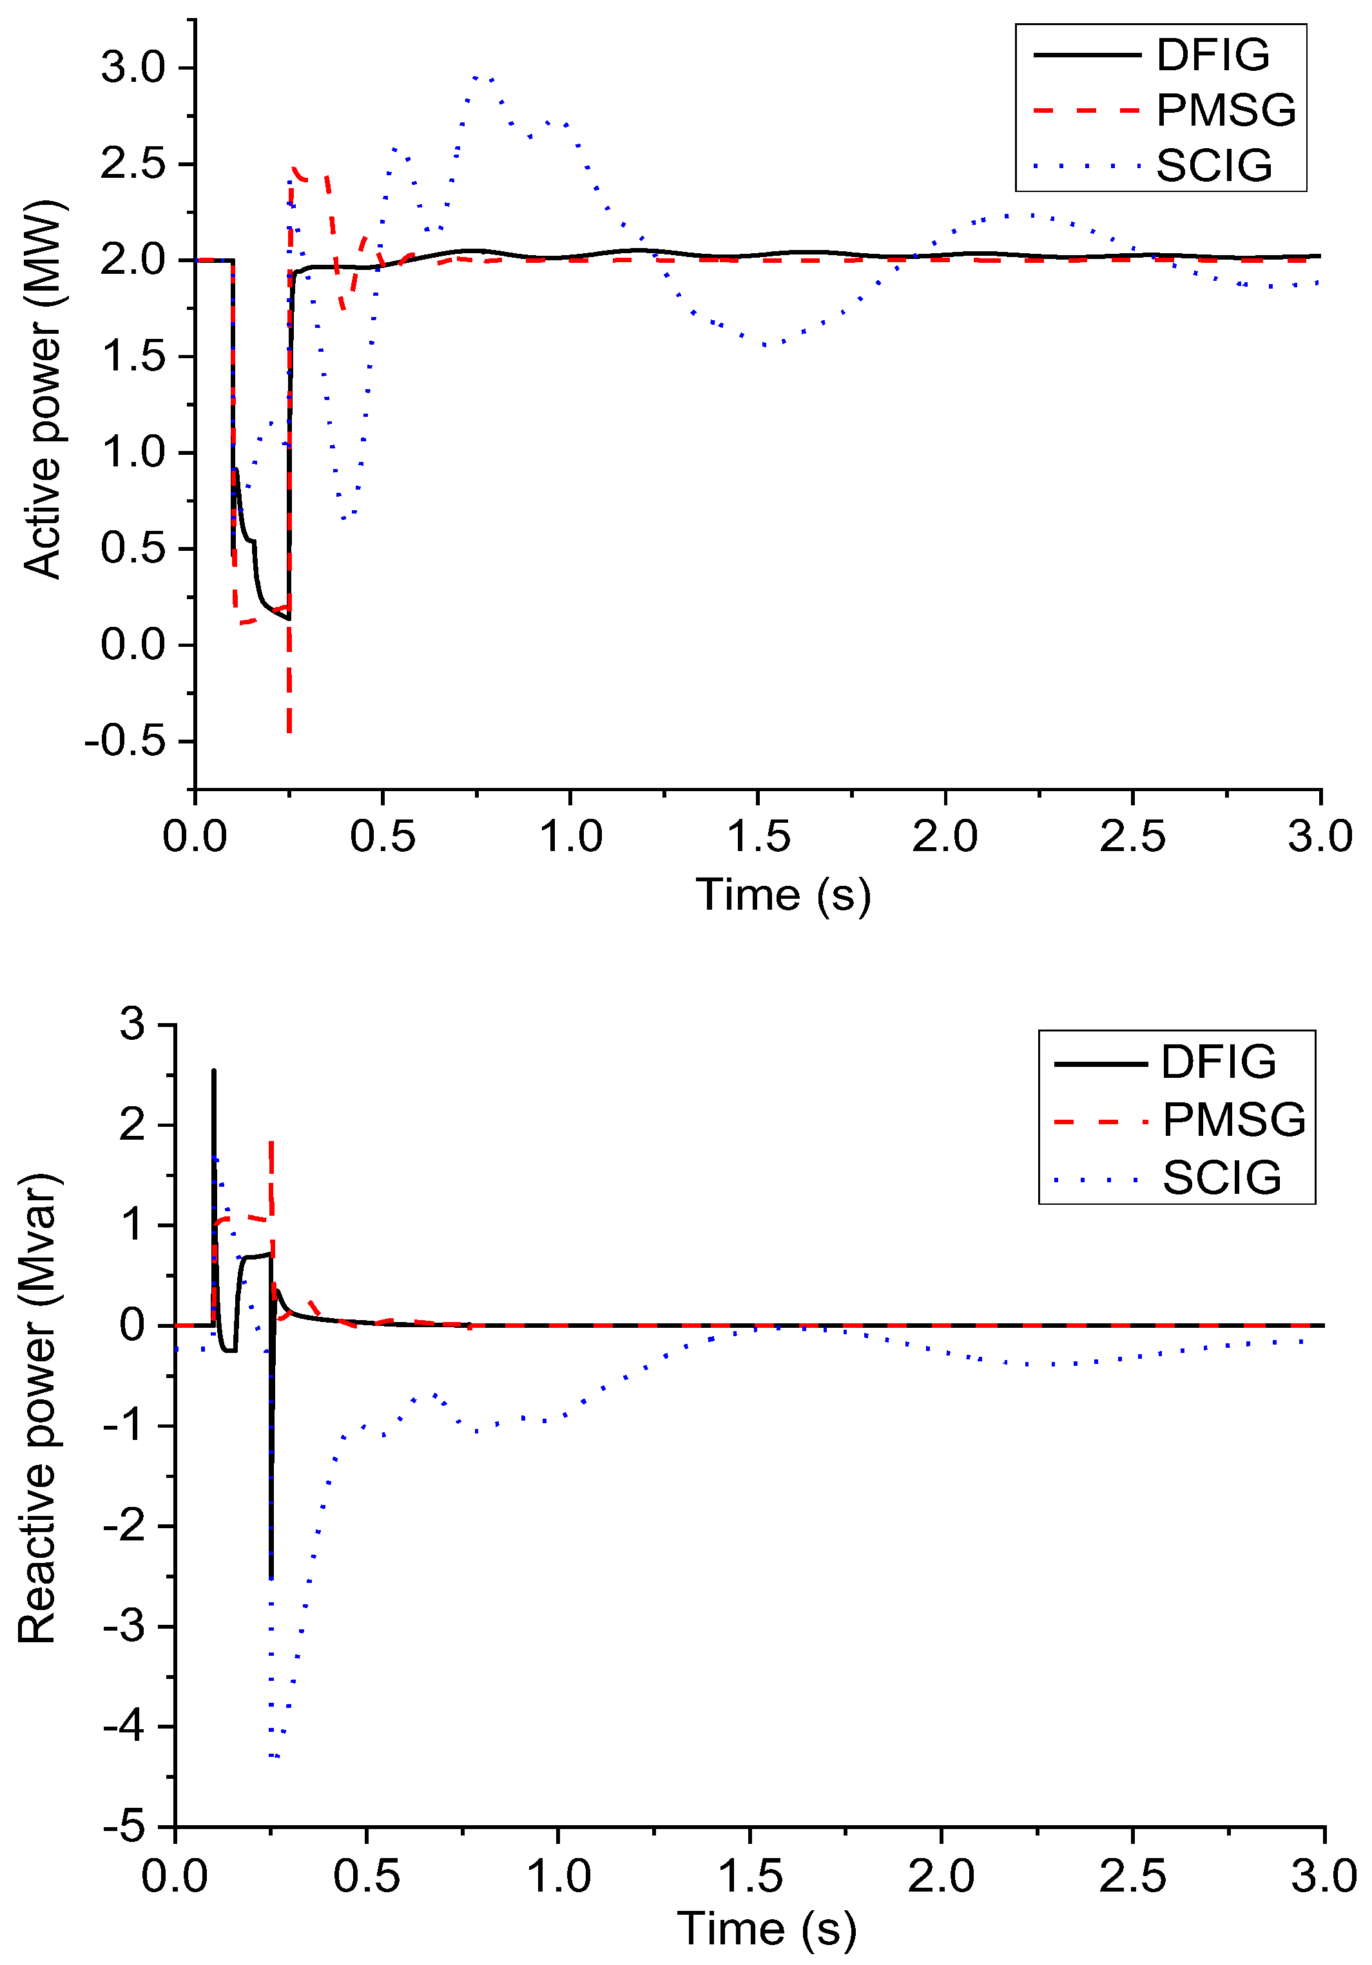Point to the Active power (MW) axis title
coord(43,389)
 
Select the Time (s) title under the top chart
coord(782,896)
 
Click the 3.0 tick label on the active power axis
coord(133,68)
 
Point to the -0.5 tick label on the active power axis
coord(125,741)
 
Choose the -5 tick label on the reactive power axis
coord(125,1827)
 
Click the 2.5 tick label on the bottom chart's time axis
coord(1132,1877)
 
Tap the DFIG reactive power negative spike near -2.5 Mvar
coord(271,1575)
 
